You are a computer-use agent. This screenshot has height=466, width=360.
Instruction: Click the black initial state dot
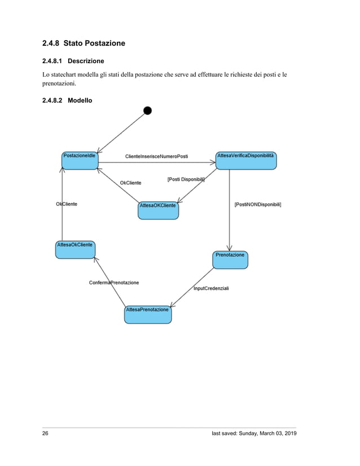pos(147,110)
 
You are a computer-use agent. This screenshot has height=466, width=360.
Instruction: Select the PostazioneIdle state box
pos(80,160)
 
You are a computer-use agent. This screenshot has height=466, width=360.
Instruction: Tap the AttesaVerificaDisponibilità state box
pos(246,160)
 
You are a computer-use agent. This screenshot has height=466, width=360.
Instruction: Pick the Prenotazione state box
pos(230,260)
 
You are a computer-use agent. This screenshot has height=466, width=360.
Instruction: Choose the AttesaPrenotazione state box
pos(147,314)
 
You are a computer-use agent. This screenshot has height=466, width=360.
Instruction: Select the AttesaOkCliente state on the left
pos(75,249)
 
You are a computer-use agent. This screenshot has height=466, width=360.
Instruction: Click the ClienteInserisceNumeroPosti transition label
pos(156,156)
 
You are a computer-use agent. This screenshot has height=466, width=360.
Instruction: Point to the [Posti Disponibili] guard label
pos(186,179)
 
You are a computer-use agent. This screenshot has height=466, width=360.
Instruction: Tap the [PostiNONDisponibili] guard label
pos(257,204)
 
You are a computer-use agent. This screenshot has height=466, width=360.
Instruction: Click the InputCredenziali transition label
pos(211,288)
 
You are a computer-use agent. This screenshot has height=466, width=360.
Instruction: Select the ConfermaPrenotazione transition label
pos(114,282)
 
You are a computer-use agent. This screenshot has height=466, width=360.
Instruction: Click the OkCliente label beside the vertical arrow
pos(67,204)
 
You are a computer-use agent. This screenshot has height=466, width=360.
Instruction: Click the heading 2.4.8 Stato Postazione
pos(84,43)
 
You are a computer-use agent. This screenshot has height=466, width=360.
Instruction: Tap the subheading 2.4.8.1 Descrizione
pos(73,60)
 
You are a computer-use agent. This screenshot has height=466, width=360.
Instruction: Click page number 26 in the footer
pos(46,433)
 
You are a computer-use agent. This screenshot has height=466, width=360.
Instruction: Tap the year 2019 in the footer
pos(288,433)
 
